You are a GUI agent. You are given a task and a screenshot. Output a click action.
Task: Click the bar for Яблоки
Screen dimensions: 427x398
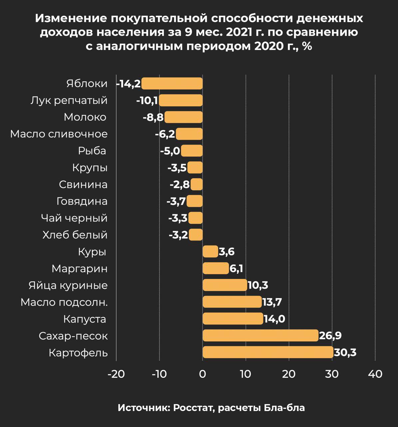click(x=172, y=83)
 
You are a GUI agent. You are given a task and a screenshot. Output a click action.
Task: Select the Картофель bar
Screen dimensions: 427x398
click(x=268, y=352)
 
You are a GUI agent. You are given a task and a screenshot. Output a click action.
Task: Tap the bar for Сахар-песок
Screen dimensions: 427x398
click(x=260, y=336)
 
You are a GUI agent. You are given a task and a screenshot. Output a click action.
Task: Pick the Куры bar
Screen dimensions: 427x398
click(x=210, y=252)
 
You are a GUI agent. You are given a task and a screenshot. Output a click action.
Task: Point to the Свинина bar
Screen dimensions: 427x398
click(x=197, y=184)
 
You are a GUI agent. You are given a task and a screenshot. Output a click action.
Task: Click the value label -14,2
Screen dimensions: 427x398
click(x=129, y=83)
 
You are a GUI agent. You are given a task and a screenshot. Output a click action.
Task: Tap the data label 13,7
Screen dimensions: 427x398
click(x=272, y=302)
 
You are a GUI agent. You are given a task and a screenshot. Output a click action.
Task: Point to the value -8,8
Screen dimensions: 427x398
click(x=153, y=117)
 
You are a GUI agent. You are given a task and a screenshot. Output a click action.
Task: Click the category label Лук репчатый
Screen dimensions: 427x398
click(x=69, y=100)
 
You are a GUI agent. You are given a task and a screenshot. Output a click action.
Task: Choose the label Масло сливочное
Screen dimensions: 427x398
click(x=59, y=134)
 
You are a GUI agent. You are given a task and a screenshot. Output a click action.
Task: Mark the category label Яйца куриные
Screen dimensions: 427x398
click(x=68, y=286)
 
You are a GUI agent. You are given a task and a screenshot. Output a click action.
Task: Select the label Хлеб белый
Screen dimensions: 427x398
click(x=75, y=235)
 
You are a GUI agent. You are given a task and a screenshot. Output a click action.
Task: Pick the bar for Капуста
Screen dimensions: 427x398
click(x=233, y=319)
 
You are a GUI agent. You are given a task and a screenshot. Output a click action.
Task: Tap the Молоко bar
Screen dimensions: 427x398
click(x=184, y=117)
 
